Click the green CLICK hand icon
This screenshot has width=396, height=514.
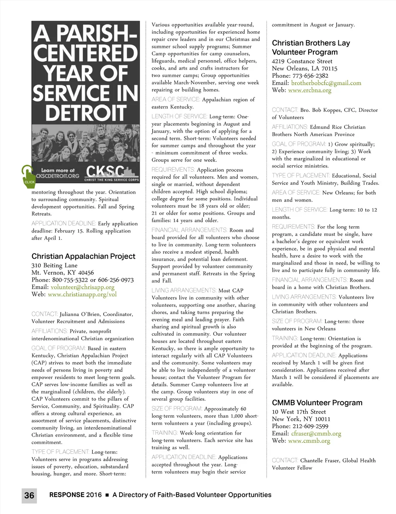click(28, 175)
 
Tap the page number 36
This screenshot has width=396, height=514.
click(29, 495)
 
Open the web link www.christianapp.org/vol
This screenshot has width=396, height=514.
click(82, 294)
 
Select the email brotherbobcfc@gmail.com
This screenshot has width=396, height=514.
click(326, 83)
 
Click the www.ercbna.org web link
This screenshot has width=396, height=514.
click(309, 90)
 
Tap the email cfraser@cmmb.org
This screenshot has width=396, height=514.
click(316, 433)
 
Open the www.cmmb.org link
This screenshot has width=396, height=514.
click(309, 441)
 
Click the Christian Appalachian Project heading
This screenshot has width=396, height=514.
click(83, 256)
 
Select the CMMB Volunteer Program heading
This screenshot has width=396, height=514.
click(317, 403)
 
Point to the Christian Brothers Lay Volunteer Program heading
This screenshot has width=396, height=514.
click(311, 48)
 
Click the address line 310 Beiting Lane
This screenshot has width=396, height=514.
click(54, 266)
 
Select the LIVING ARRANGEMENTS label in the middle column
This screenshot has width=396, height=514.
click(184, 290)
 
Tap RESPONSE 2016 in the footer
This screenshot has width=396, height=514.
click(75, 495)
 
